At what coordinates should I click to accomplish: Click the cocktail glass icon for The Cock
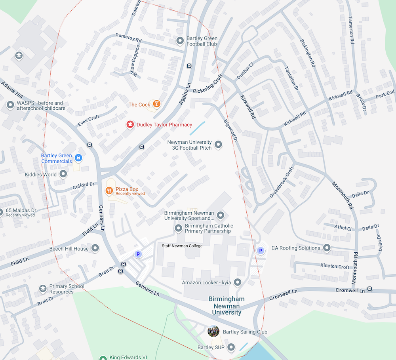tap(157, 104)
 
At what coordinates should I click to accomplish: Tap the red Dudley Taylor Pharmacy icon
tap(129, 125)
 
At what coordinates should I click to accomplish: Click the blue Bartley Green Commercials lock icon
tap(78, 158)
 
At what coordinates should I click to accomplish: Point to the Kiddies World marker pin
tap(63, 174)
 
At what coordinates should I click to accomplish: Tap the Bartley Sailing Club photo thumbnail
tap(213, 331)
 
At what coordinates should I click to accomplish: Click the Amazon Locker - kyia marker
tap(238, 282)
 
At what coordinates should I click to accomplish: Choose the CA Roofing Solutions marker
tap(327, 248)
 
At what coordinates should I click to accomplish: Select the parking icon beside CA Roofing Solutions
tap(260, 250)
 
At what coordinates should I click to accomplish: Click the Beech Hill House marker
tap(95, 249)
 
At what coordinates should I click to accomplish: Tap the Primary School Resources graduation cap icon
tap(42, 289)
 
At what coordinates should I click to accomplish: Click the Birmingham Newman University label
tap(227, 305)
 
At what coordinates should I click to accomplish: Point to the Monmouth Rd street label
tap(342, 195)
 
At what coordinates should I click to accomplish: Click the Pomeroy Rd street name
tap(128, 38)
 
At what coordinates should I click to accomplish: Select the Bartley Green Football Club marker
tap(180, 40)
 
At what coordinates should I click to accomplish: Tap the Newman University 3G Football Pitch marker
tap(218, 145)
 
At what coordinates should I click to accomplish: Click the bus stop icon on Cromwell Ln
tap(369, 289)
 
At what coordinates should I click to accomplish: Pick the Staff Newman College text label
tap(182, 246)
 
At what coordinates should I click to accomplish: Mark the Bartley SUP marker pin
tap(231, 347)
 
